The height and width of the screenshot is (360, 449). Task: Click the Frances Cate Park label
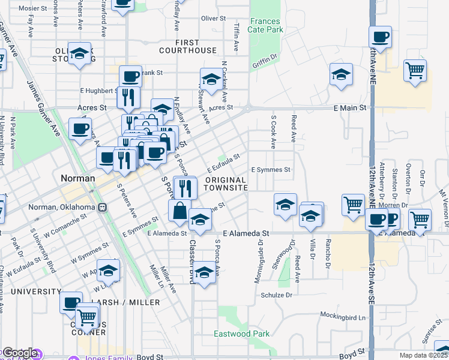[265, 25]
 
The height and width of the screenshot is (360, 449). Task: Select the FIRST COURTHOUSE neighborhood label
[196, 46]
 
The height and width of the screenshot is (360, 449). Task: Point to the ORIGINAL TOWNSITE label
[226, 184]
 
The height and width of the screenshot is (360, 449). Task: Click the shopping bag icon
[180, 211]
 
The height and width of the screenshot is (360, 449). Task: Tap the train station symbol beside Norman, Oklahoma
[103, 208]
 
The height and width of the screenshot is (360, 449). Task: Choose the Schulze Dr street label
[276, 295]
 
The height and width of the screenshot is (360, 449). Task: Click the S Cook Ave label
[273, 133]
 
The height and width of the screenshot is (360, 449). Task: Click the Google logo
[19, 353]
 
